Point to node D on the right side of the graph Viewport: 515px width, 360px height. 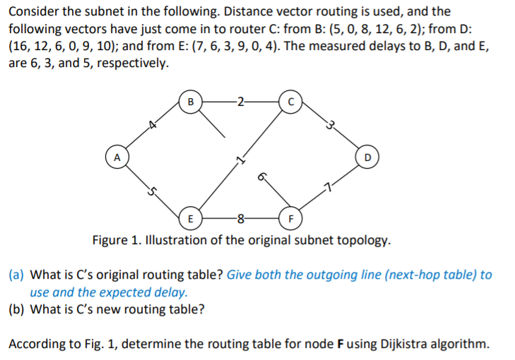tap(367, 155)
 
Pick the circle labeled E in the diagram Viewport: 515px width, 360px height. tap(189, 217)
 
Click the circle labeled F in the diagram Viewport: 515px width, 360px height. tap(290, 217)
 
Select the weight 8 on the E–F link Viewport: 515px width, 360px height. tap(240, 217)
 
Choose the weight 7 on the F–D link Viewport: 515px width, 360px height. tap(327, 187)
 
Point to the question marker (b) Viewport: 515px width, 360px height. tap(18, 308)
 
